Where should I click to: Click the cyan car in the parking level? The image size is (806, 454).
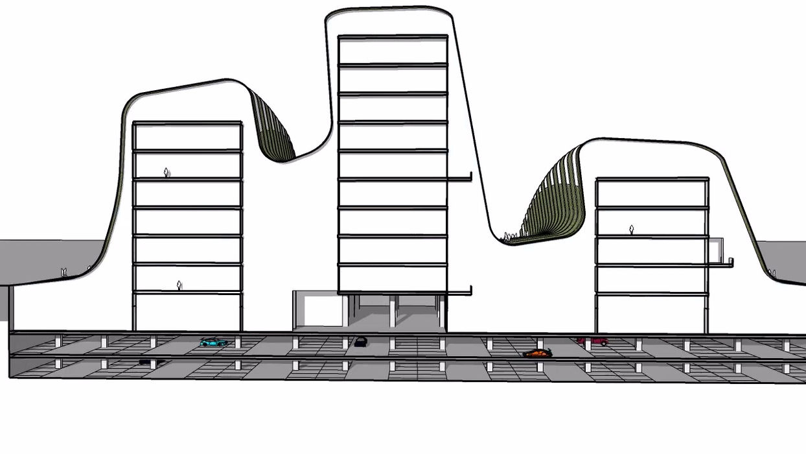pyautogui.click(x=213, y=342)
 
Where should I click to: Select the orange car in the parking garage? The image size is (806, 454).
pyautogui.click(x=537, y=353)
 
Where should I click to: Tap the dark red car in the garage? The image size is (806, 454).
pyautogui.click(x=593, y=340)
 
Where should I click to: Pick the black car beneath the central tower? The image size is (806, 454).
pyautogui.click(x=360, y=342)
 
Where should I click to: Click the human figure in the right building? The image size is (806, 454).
pyautogui.click(x=631, y=230)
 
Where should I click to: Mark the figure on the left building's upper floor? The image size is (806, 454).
pyautogui.click(x=166, y=173)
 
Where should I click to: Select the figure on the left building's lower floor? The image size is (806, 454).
pyautogui.click(x=179, y=285)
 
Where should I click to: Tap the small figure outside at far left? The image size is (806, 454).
pyautogui.click(x=64, y=272)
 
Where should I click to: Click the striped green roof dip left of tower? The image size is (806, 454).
pyautogui.click(x=273, y=130)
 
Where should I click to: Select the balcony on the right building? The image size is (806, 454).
pyautogui.click(x=719, y=263)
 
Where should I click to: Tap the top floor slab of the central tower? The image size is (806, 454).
pyautogui.click(x=393, y=37)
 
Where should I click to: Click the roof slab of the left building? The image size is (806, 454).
pyautogui.click(x=187, y=123)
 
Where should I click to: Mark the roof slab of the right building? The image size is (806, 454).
pyautogui.click(x=652, y=179)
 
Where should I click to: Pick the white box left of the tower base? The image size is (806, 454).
pyautogui.click(x=317, y=309)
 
